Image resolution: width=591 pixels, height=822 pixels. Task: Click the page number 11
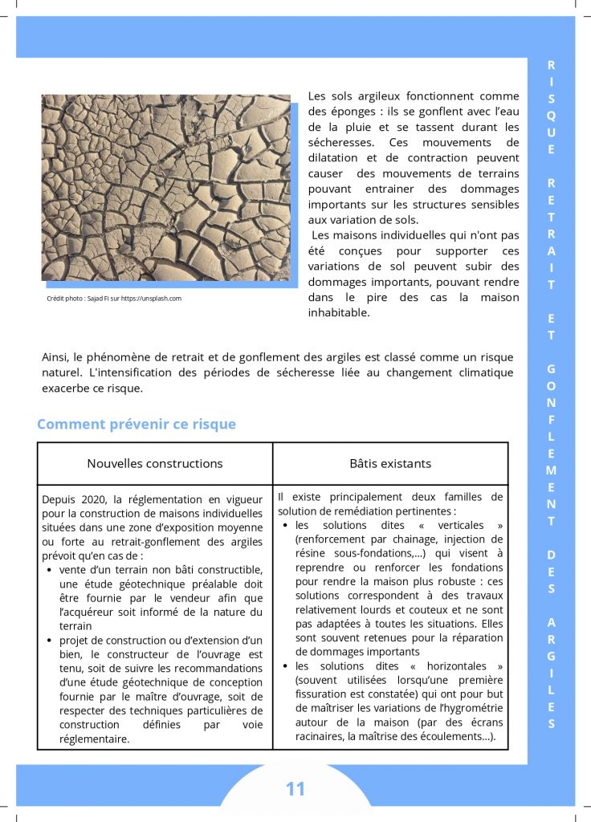coord(295,789)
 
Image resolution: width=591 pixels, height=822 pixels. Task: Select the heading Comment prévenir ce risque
coord(137,424)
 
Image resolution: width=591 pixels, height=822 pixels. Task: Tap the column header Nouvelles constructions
coord(155,463)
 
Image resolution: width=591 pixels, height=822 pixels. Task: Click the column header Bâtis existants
coord(390,463)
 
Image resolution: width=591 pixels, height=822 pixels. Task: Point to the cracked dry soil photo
coord(166,188)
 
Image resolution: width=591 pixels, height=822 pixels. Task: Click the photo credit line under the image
coord(114,299)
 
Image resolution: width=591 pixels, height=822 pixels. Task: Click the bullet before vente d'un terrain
coord(51,570)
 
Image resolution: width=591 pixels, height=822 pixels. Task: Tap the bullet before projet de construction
coord(51,641)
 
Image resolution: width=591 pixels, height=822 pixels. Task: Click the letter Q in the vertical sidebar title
coord(551,115)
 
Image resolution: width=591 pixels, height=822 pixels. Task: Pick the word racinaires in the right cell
coord(323,737)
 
